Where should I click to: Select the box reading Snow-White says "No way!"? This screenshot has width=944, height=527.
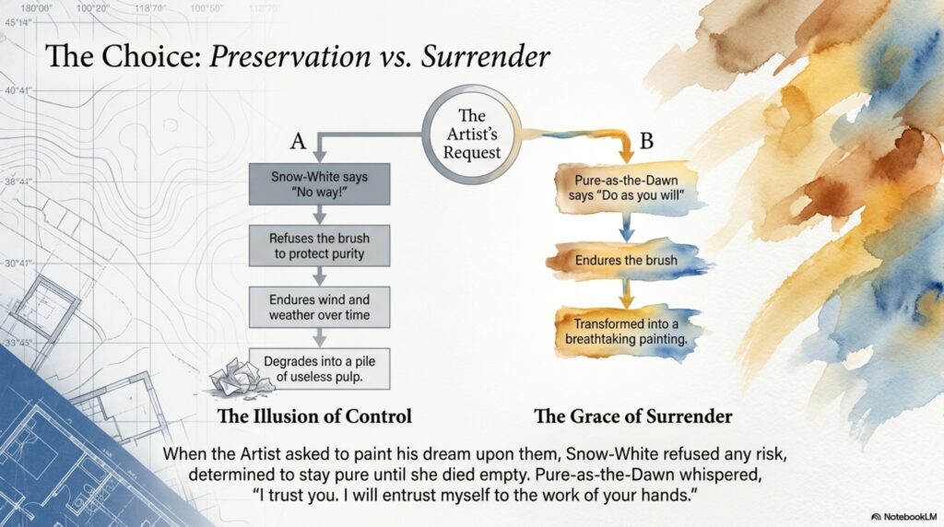tap(319, 184)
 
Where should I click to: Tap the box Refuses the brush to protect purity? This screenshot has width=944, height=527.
tap(319, 245)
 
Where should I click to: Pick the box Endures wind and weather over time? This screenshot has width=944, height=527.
tap(319, 307)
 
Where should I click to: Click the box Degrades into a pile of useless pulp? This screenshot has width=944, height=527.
tap(319, 369)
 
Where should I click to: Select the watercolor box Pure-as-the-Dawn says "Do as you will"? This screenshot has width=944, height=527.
tap(626, 188)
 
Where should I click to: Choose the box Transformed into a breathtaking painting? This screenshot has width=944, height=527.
tap(626, 332)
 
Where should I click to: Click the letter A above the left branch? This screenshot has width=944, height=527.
tap(298, 141)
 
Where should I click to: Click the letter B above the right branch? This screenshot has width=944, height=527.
tap(646, 141)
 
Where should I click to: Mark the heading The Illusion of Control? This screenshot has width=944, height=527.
tap(314, 416)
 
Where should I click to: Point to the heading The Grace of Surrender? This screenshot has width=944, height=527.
tap(633, 416)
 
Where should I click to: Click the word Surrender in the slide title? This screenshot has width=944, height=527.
tap(485, 56)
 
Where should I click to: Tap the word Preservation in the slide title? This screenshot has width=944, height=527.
tap(290, 56)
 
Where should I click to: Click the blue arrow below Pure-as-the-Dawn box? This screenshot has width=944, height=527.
tap(626, 228)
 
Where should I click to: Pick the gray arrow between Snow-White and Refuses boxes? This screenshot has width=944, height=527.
tap(320, 215)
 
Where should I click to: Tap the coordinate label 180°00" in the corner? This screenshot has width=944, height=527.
tap(37, 8)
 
